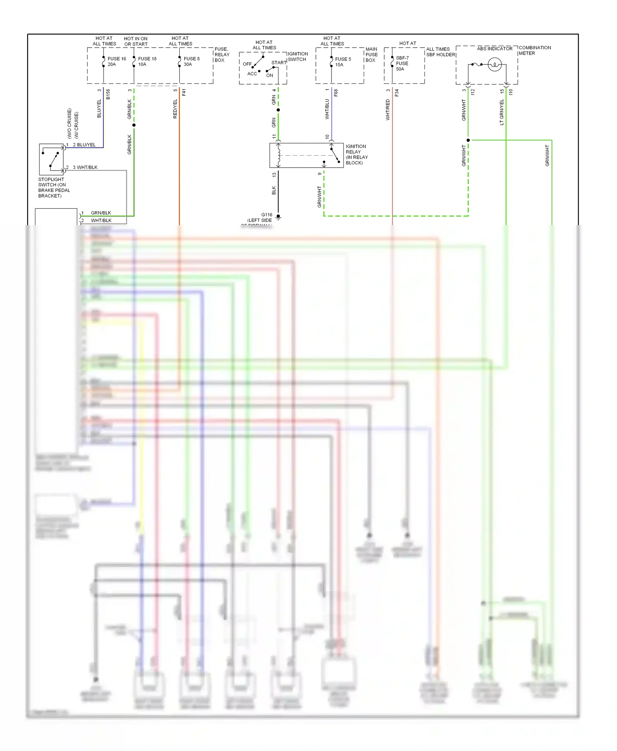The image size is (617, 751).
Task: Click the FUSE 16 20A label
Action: pos(116,62)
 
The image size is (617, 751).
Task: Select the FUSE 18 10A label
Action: pos(147,62)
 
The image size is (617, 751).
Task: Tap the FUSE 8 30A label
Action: pos(191,62)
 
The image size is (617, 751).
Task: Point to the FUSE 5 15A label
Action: pos(343,62)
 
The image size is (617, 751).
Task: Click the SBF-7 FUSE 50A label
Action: pos(402,63)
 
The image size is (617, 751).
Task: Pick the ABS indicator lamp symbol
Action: pos(494,65)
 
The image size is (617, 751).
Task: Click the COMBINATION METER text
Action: pos(534,51)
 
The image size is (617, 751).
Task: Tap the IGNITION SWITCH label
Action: pos(297,57)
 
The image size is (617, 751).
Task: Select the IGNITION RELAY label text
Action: pos(356,154)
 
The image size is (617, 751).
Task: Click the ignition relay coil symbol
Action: pos(278,155)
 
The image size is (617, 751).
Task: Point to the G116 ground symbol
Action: pos(278,217)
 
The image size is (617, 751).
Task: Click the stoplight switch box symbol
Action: pos(51,159)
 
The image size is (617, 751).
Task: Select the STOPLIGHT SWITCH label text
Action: pos(54,187)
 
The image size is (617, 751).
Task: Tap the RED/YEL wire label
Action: pos(175,109)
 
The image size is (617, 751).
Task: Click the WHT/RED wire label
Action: pos(387,110)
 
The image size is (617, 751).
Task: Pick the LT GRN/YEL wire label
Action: pos(501,112)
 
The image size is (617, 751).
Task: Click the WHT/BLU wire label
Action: pos(327,109)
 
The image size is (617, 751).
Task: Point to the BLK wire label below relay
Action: pos(274,190)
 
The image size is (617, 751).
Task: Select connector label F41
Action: pos(184,92)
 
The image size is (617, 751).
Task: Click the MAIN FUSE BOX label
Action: pos(371,55)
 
